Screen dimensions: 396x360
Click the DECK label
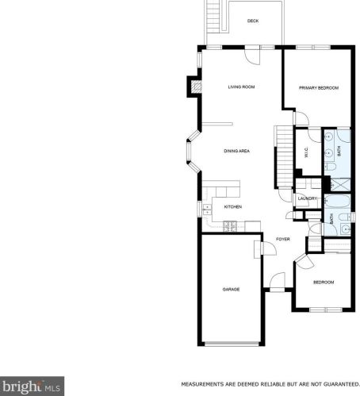pos(253,21)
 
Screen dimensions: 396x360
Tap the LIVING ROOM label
pos(241,87)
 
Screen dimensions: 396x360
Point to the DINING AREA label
pos(237,150)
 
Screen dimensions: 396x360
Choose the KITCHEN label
pos(232,207)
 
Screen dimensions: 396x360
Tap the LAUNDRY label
pos(308,198)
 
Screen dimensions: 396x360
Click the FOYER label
pos(282,239)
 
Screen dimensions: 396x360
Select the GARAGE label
pos(231,289)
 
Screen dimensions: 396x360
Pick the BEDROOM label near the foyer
pos(323,283)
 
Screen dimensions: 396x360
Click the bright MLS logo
pos(30,386)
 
